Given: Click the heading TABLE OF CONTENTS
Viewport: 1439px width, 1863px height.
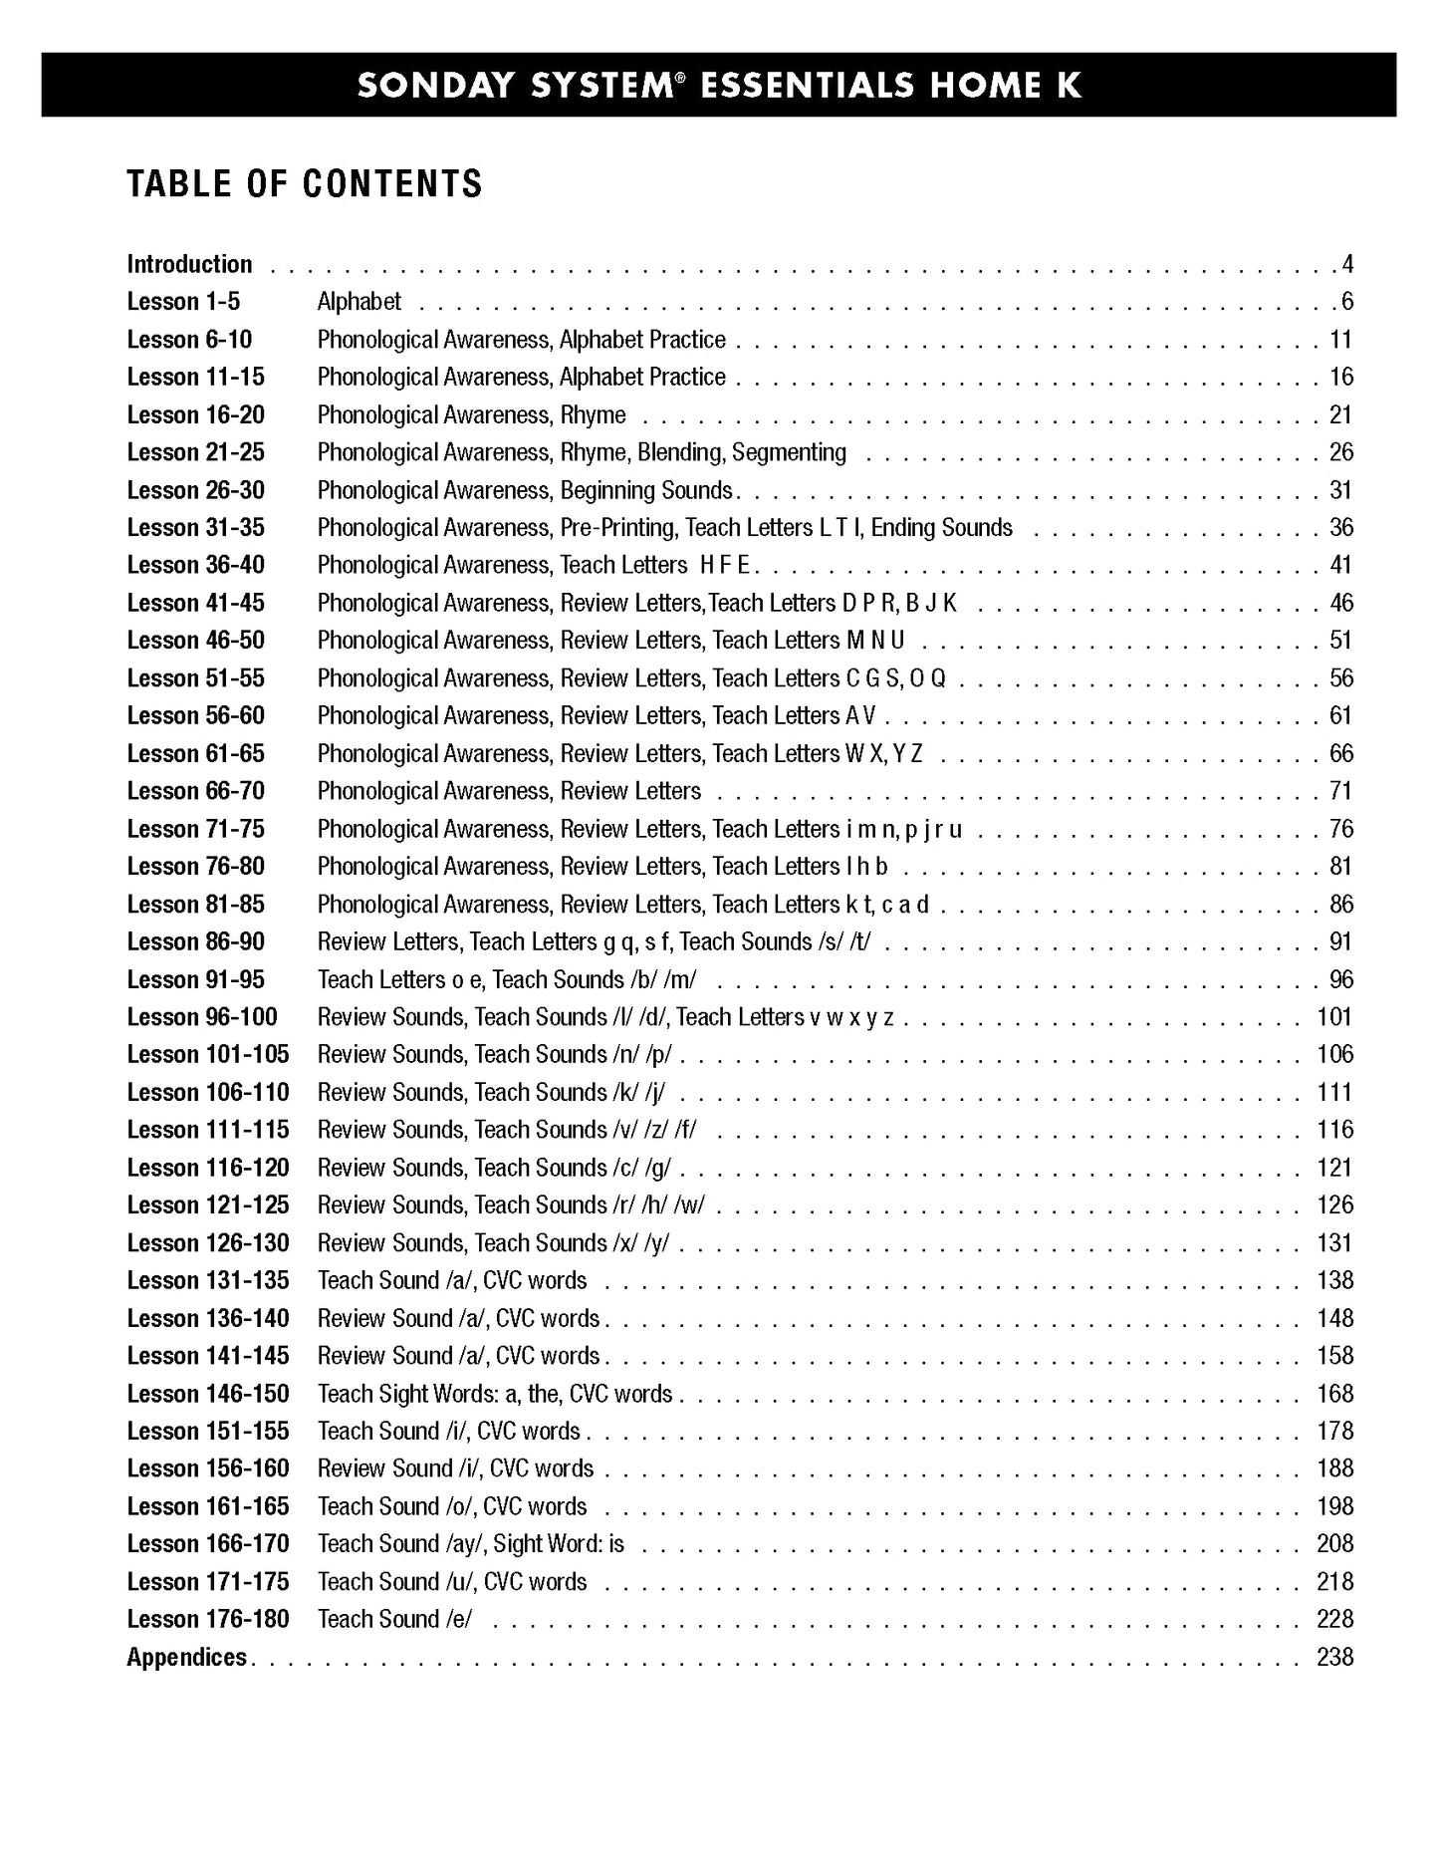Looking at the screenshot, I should (x=304, y=184).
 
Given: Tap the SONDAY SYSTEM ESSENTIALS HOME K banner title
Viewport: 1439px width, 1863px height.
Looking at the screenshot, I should (x=718, y=86).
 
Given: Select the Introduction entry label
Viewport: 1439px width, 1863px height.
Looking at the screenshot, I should (x=189, y=265).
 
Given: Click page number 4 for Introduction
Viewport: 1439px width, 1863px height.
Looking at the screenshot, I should (x=1346, y=265).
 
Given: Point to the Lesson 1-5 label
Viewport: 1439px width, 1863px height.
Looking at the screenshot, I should (x=183, y=302).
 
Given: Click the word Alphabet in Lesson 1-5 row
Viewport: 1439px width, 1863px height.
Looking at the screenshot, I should (x=359, y=302).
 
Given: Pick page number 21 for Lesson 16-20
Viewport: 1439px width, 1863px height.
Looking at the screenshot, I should (x=1340, y=415).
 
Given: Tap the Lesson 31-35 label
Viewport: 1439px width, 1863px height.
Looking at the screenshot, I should (x=195, y=528).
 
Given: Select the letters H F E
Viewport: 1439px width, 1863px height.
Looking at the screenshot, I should (x=724, y=566).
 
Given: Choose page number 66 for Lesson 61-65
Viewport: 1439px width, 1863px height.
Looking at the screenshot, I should (x=1340, y=754).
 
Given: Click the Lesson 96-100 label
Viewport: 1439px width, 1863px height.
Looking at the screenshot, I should (x=202, y=1017).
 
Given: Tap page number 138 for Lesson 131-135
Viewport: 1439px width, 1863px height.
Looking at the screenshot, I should (x=1334, y=1281).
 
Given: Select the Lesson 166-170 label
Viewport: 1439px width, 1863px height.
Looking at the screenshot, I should (x=207, y=1544).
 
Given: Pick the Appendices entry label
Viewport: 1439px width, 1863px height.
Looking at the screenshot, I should (x=186, y=1658).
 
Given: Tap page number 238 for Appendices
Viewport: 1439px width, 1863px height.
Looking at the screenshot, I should (x=1334, y=1658).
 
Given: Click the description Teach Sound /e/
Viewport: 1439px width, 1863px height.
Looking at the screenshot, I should (x=394, y=1620).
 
